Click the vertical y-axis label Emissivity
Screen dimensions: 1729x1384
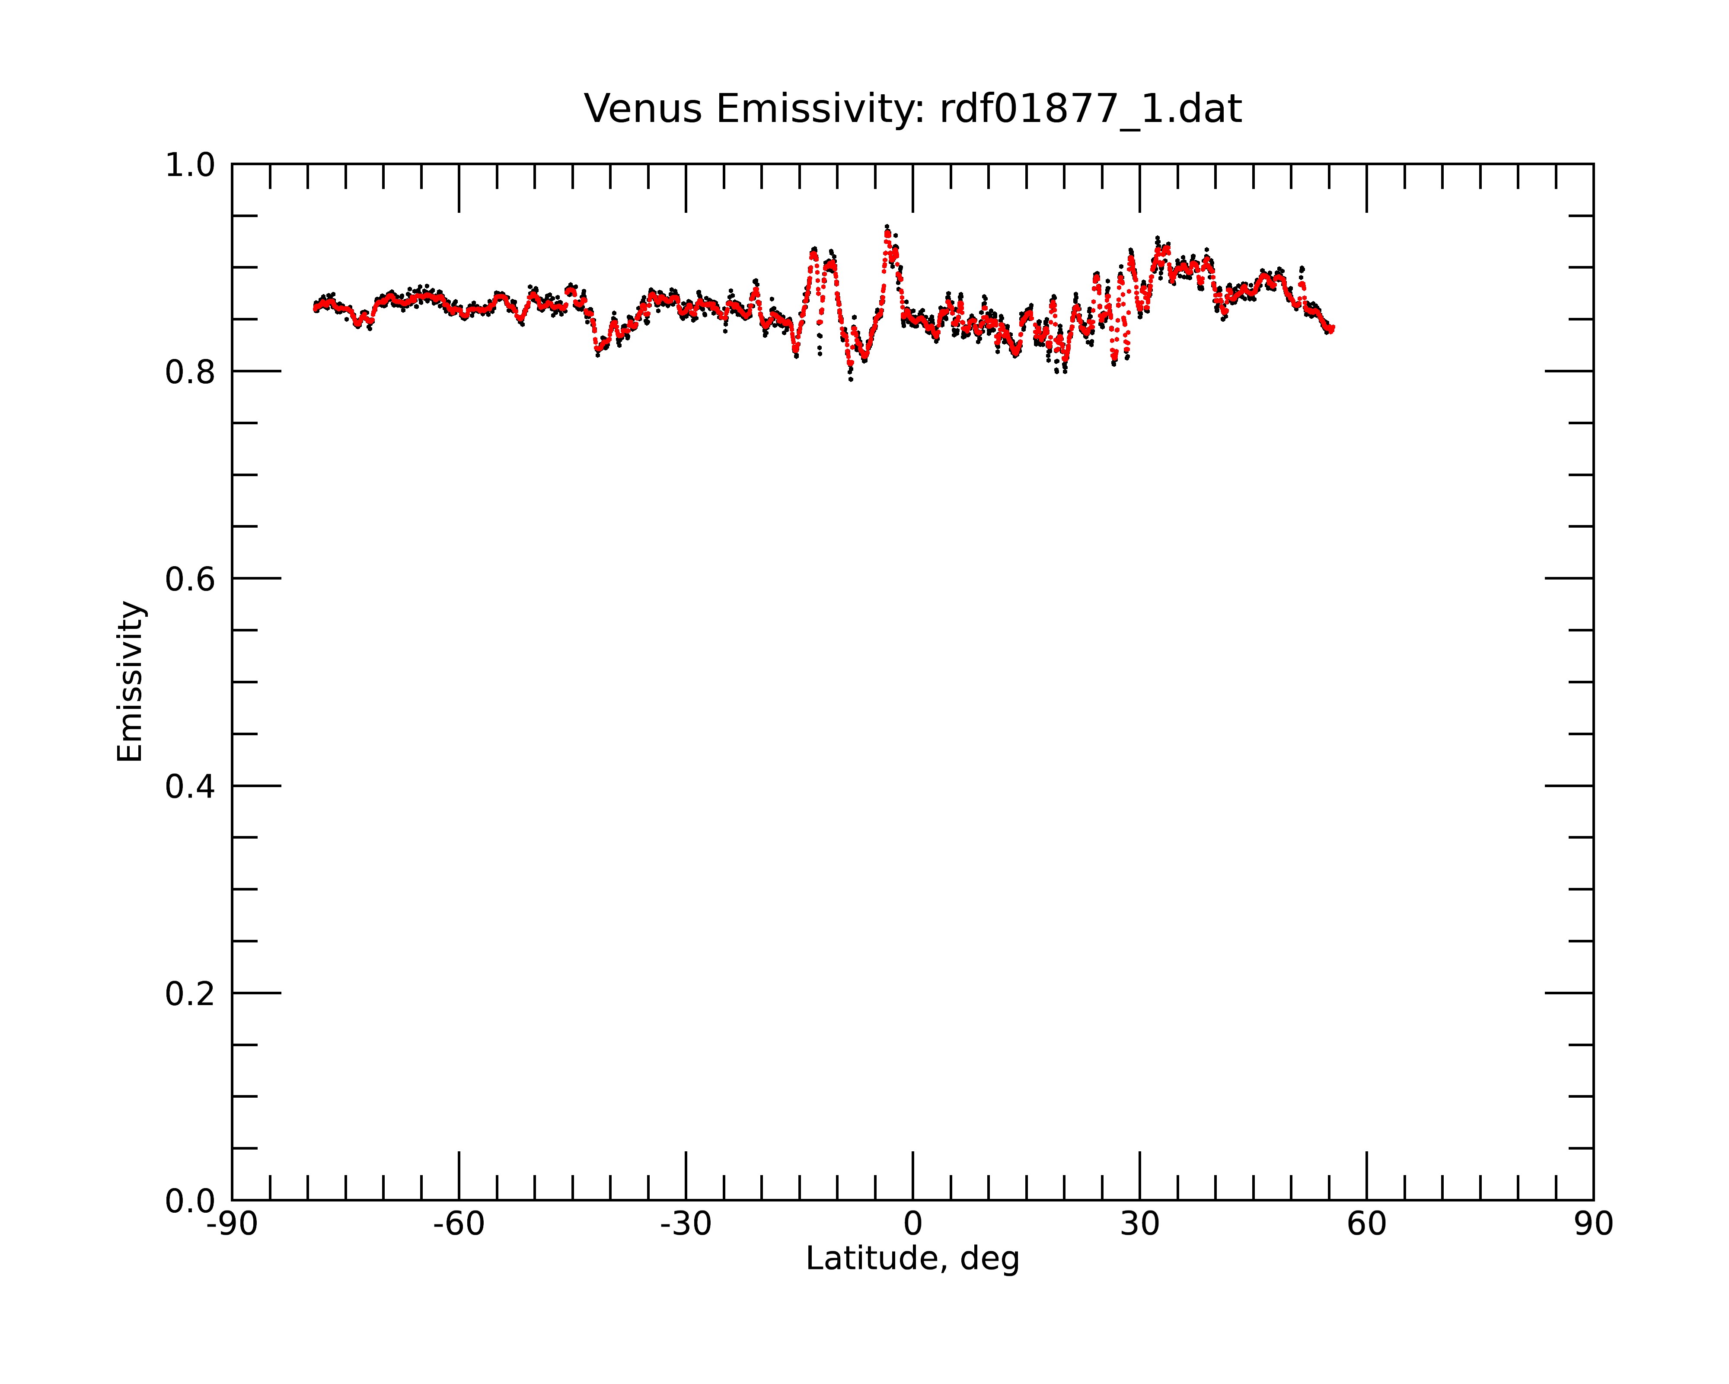130,681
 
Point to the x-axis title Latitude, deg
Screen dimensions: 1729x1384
912,1259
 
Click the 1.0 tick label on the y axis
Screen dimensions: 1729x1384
191,165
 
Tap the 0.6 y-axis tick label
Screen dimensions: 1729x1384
191,579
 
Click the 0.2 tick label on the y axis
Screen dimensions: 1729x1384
191,994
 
